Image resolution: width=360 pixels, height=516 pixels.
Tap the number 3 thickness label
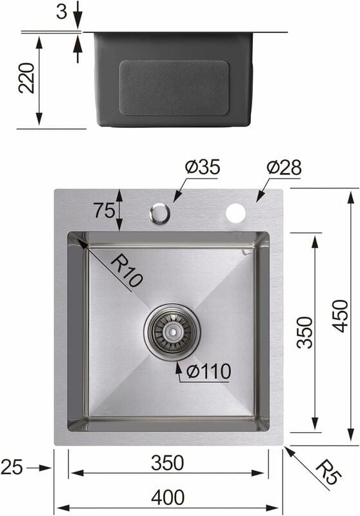tap(62, 12)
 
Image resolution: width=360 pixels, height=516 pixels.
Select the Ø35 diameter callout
tap(202, 167)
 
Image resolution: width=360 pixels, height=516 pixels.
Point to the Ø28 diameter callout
tap(284, 167)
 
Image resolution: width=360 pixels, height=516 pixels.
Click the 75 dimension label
tap(104, 210)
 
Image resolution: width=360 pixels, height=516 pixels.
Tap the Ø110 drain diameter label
tap(208, 372)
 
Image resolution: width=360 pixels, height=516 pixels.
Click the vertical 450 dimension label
tap(340, 316)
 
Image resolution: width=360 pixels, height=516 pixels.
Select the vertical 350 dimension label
tap(304, 332)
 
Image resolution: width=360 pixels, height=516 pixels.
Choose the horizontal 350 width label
tap(168, 462)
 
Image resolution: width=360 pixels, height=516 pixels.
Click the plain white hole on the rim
tap(236, 212)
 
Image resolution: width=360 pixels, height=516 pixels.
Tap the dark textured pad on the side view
tap(174, 87)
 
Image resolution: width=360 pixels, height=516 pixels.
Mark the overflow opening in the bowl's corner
tap(245, 250)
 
